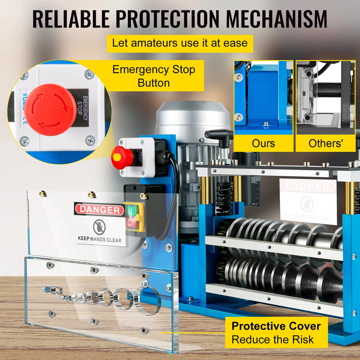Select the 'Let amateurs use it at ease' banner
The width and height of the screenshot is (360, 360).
[x=180, y=43]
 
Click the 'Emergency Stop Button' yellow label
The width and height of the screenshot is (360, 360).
[x=154, y=76]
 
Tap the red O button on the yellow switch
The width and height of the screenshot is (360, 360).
[x=131, y=222]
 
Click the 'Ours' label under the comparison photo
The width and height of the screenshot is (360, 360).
[x=263, y=143]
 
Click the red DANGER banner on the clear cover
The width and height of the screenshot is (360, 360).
[x=99, y=210]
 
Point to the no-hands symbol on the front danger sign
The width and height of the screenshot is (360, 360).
[x=99, y=227]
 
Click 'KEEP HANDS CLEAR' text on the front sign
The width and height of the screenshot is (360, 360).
[x=99, y=240]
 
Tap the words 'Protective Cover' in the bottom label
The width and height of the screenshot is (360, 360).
[x=276, y=326]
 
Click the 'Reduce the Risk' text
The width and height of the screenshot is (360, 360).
[x=272, y=340]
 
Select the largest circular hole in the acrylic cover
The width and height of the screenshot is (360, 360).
[x=148, y=300]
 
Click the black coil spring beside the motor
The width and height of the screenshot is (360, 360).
[x=224, y=197]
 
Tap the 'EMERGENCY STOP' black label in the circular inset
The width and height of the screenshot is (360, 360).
[x=84, y=109]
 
